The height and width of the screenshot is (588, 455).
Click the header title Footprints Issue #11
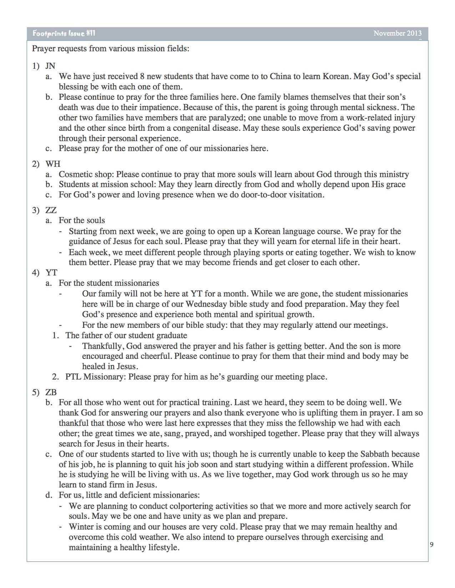64,33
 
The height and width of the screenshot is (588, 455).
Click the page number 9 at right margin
432,544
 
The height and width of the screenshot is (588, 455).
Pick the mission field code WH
52,164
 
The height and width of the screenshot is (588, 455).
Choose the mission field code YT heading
51,273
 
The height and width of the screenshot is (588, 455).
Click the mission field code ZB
51,392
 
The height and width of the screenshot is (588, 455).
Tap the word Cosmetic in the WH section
74,174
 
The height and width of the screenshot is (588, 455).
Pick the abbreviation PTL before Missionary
74,377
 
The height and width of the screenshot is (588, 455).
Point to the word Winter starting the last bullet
81,527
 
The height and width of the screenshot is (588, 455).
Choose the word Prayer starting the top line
44,48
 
